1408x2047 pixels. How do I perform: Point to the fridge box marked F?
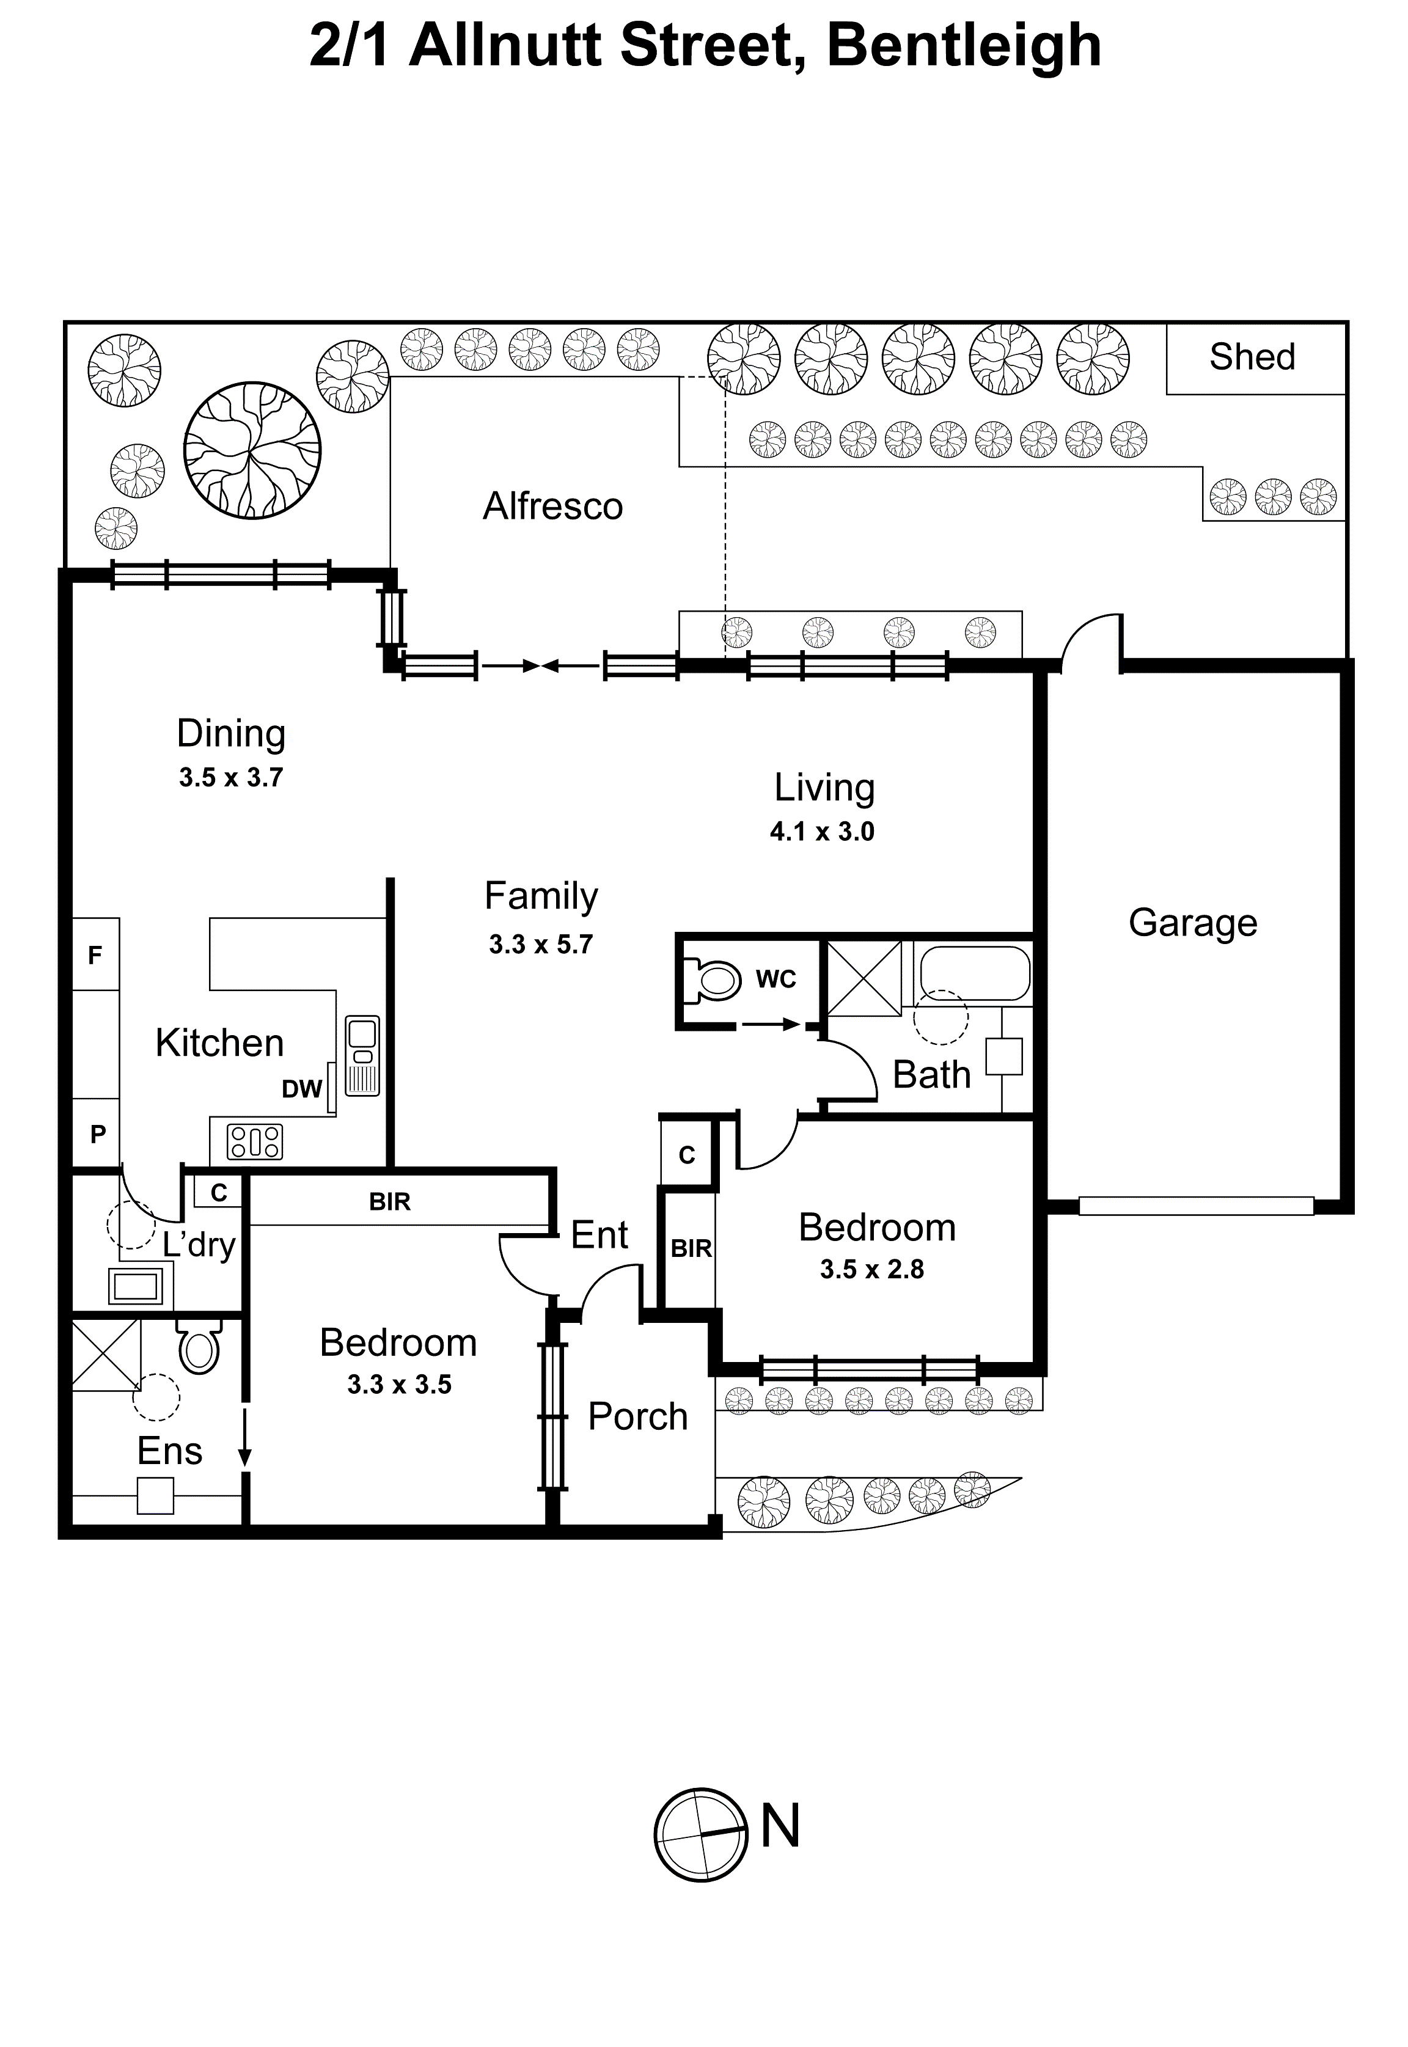point(95,954)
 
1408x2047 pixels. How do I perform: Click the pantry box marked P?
point(98,1133)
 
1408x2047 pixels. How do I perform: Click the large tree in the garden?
point(252,451)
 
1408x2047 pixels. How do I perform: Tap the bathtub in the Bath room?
point(975,972)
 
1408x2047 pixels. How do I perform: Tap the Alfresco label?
point(552,506)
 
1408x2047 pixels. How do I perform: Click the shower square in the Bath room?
point(865,978)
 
